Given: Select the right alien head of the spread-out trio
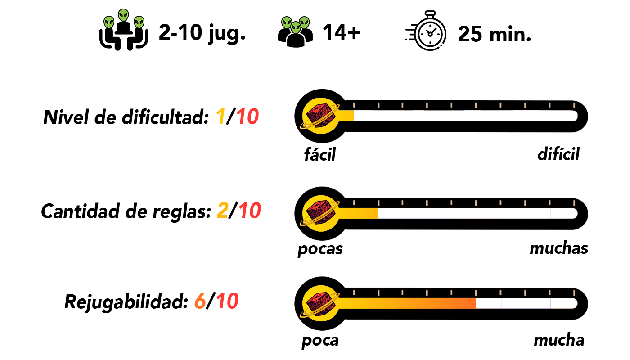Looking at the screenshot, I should (139, 22).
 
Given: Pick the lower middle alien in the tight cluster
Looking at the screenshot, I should (296, 28).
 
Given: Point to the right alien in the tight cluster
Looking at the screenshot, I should (305, 22).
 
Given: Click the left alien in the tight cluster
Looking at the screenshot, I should (287, 22).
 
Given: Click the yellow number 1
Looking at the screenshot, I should (220, 117).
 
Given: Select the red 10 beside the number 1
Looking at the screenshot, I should (247, 117).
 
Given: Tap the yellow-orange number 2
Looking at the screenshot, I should (223, 211).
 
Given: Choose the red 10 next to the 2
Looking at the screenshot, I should (250, 211).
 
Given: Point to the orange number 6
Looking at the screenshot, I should (200, 301).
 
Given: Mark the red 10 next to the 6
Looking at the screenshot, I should (227, 301).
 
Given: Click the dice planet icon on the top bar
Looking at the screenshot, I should (320, 116).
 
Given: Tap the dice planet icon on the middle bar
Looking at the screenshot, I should (320, 213).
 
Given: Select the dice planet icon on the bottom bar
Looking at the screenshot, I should (320, 303).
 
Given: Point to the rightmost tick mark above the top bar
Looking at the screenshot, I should (574, 105).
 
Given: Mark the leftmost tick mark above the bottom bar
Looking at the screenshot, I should (354, 293).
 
